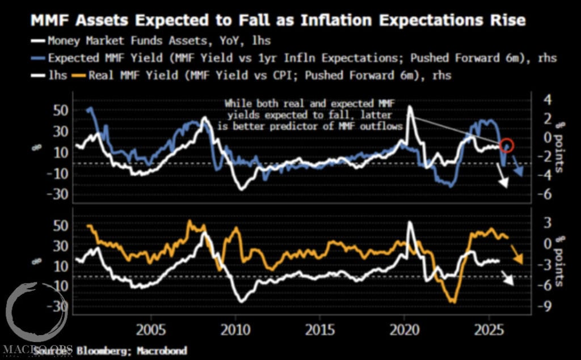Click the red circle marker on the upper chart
tap(507, 146)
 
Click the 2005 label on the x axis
tap(151, 330)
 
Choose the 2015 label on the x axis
tap(320, 330)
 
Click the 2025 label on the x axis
tap(490, 330)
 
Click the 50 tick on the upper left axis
tap(60, 109)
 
